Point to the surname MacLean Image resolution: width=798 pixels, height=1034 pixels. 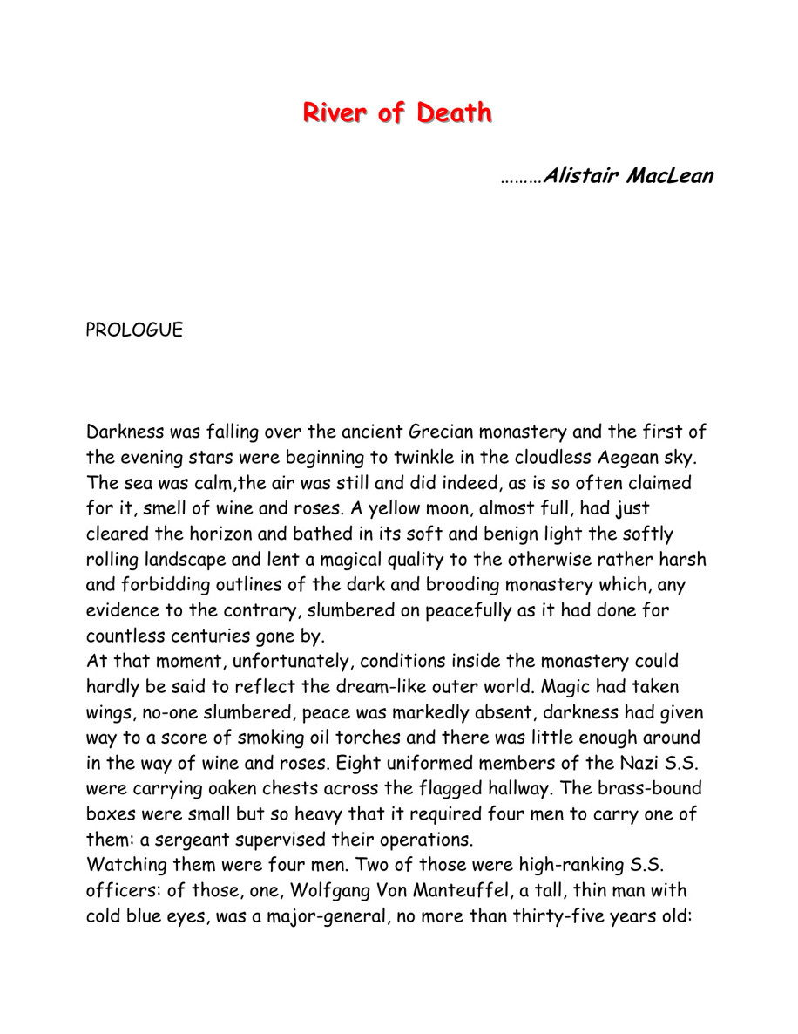pyautogui.click(x=673, y=176)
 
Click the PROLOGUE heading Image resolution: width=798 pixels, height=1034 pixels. pyautogui.click(x=134, y=330)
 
